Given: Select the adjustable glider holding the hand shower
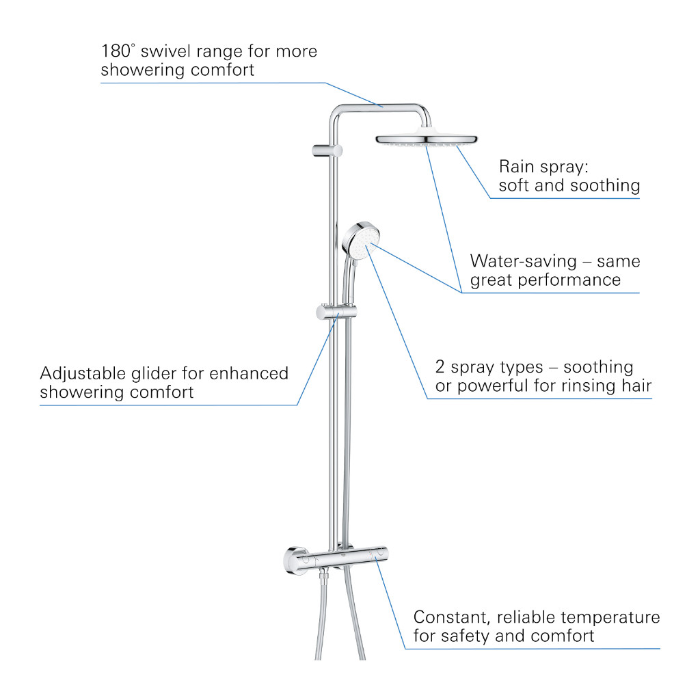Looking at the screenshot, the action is point(336,312).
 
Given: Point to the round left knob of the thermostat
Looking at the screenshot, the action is point(295,561).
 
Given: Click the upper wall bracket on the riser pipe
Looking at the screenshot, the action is point(327,151).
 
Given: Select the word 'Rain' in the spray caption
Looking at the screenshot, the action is point(516,167).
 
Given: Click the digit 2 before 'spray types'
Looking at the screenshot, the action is point(440,367).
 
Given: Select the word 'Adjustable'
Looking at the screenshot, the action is point(83,374).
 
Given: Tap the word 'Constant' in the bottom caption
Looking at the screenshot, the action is point(452,617).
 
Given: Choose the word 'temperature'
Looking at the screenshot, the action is point(610,617).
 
